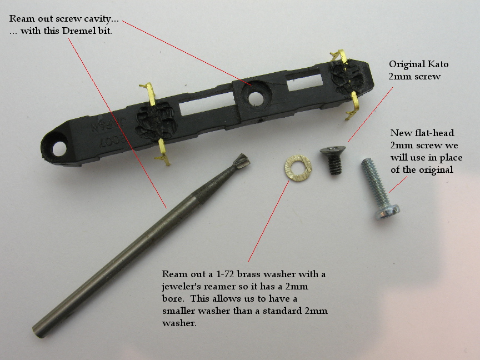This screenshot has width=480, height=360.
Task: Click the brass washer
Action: click(x=298, y=168)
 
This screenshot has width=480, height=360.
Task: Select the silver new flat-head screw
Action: click(x=379, y=188)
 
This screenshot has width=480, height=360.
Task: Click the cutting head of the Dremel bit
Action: click(x=241, y=163)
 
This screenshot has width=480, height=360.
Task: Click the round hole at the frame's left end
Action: click(x=59, y=149)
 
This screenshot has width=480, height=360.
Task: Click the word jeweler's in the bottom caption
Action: click(x=181, y=287)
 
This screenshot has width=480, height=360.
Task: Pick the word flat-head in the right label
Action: click(x=434, y=133)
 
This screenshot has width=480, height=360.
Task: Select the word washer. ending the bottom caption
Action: click(x=179, y=323)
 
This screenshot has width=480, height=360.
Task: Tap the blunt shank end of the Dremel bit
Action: click(x=39, y=331)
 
